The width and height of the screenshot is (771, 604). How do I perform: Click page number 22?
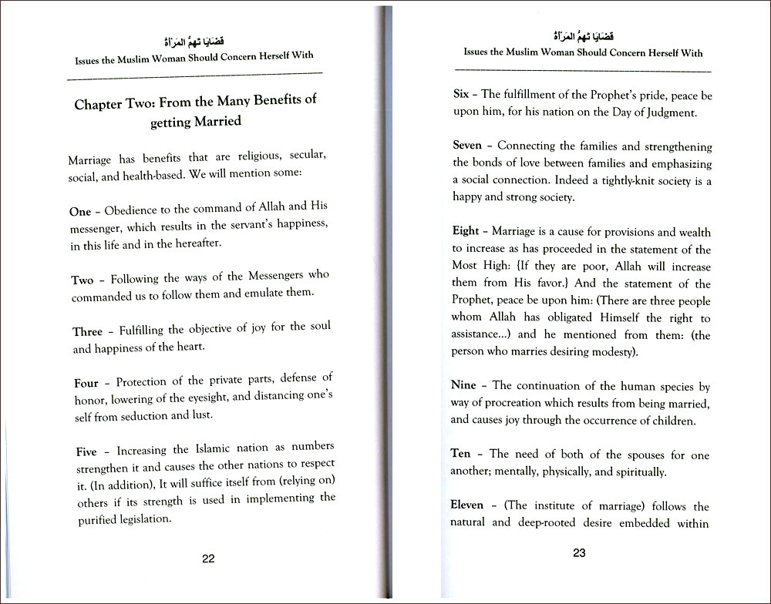tap(208, 559)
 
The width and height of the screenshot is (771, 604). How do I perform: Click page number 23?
tap(580, 552)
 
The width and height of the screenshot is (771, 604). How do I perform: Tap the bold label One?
tap(80, 211)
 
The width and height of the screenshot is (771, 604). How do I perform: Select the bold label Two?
tap(82, 280)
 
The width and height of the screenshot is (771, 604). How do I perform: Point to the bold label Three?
tap(87, 332)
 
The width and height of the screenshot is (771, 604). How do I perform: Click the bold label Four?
tap(86, 382)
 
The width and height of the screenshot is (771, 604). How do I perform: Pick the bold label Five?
tap(86, 451)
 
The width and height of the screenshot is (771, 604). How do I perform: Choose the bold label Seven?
tap(467, 145)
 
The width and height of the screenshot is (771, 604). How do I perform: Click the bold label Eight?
tap(466, 231)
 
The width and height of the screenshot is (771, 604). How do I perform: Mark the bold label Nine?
tap(464, 384)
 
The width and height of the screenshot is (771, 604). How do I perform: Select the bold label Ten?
tap(460, 454)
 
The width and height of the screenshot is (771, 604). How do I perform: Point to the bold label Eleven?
tap(468, 505)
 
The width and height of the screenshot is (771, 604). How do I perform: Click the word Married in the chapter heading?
tap(214, 121)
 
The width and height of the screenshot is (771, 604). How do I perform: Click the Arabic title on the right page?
tap(581, 35)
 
